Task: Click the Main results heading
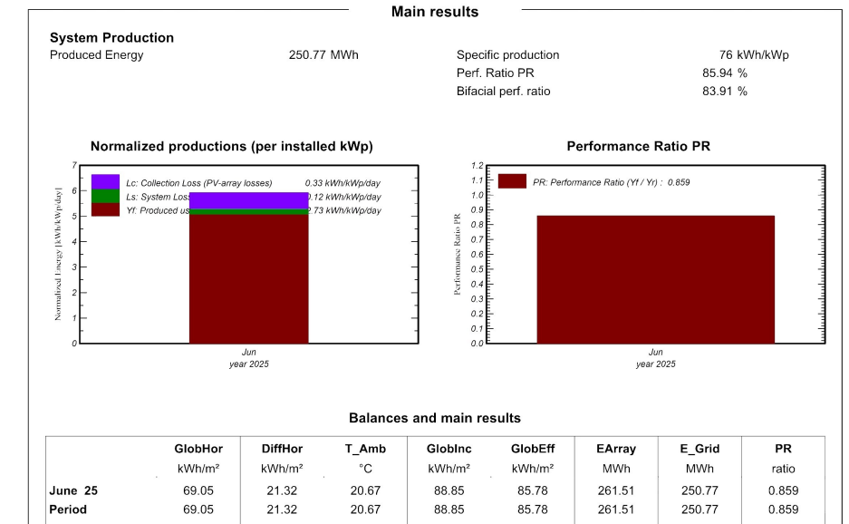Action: pos(435,12)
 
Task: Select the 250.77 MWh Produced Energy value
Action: pos(323,55)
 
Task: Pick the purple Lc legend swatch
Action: pos(105,181)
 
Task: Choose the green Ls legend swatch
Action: pos(105,196)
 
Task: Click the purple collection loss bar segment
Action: pos(248,200)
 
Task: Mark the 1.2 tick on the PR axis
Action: pos(478,166)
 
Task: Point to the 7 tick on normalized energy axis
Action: pos(73,166)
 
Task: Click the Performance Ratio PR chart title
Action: pos(638,146)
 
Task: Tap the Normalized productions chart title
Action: pos(231,146)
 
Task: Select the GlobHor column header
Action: pos(198,449)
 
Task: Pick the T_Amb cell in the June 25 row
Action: pos(365,490)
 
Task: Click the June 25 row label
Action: pos(73,490)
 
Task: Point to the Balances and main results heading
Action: pos(435,418)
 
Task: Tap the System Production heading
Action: pos(111,38)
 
